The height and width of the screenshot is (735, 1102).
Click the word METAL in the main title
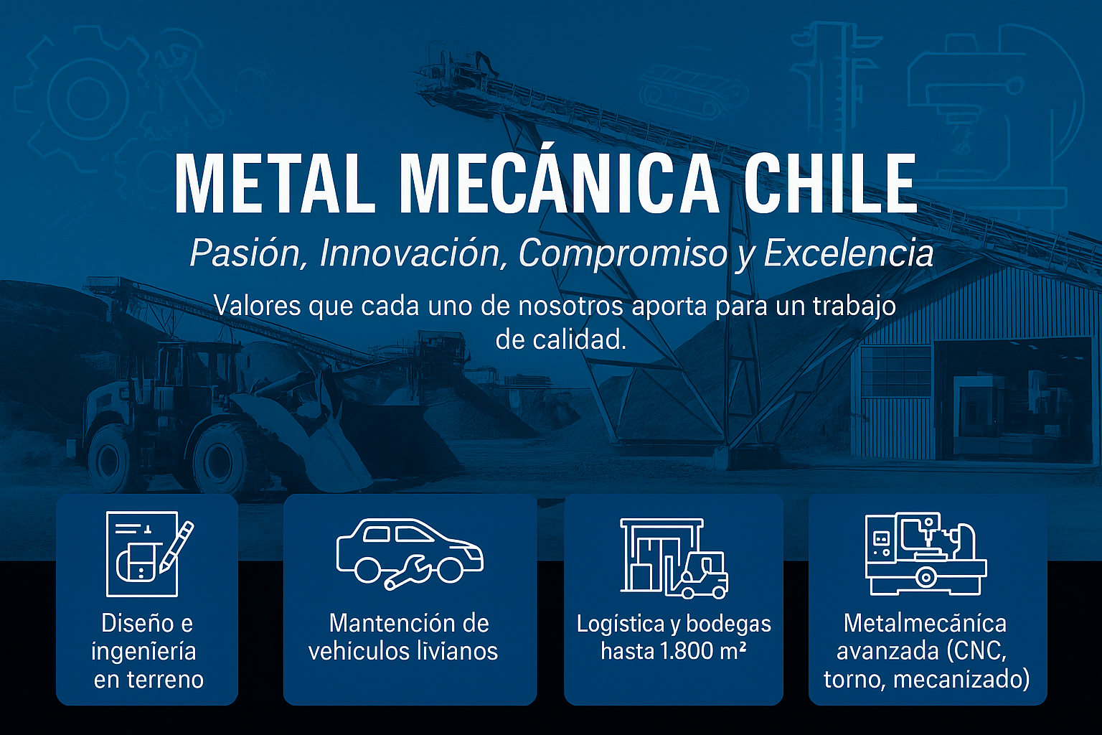click(275, 184)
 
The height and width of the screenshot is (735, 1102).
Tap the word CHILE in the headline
click(830, 184)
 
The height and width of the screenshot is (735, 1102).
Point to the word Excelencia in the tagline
click(849, 253)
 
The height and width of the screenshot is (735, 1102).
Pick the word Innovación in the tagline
click(410, 253)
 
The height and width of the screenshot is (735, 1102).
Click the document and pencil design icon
click(147, 553)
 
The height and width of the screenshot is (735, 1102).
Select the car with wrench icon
click(410, 553)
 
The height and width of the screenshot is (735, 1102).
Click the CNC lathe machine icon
click(926, 553)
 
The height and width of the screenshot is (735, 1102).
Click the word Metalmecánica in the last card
click(925, 623)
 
